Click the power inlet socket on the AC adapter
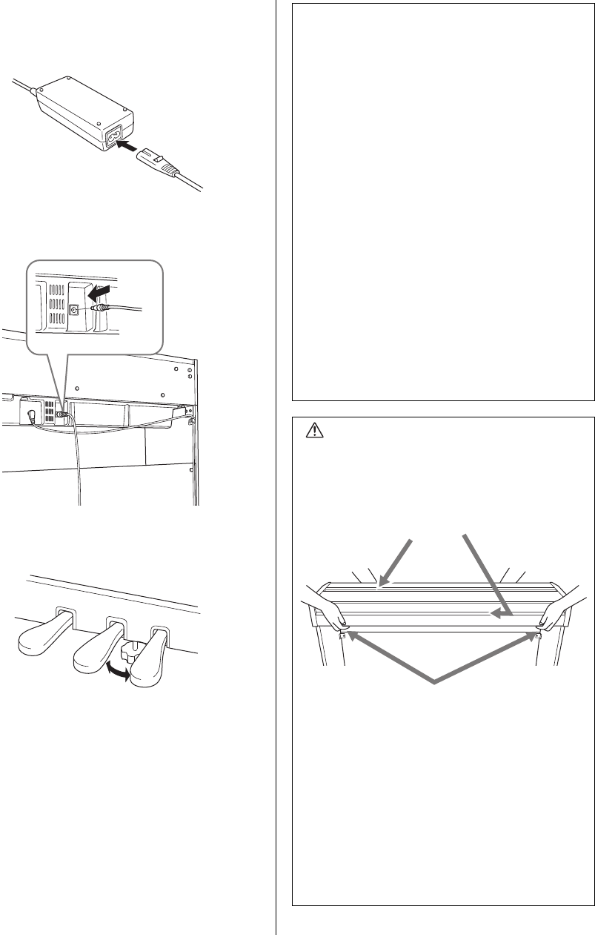116,138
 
